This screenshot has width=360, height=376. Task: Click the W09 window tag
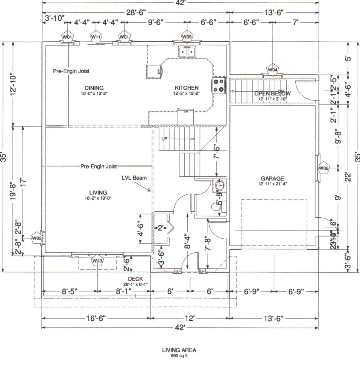coord(187,36)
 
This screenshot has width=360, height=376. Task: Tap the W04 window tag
coord(273,70)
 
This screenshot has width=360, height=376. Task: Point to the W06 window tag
coord(323,168)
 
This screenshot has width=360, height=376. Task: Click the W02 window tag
coord(36,238)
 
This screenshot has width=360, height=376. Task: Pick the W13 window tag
coord(97,261)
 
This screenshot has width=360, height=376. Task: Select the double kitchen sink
coord(187,51)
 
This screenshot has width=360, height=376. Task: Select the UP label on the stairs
coord(164,139)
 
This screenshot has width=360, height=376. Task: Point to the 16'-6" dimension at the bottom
coord(96,318)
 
